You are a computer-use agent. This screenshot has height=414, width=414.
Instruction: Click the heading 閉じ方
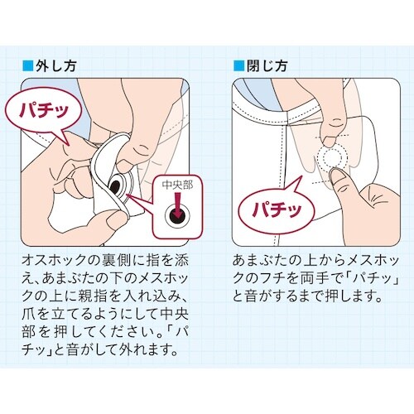261,65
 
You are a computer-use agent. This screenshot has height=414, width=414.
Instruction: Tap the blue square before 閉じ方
234,65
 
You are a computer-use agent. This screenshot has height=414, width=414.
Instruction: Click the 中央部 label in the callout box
175,185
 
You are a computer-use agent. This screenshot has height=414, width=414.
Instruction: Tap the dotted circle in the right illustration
335,159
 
